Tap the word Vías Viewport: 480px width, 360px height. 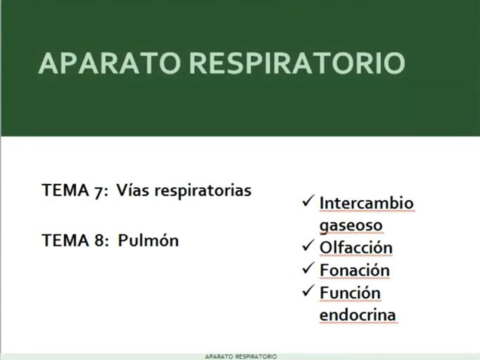(x=132, y=189)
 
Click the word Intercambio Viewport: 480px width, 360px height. (x=366, y=203)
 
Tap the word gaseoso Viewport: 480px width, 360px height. (x=351, y=225)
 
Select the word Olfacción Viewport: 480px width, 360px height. (x=356, y=248)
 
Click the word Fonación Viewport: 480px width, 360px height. (x=354, y=270)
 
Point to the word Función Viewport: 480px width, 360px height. (x=351, y=293)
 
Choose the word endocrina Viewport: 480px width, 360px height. (x=358, y=315)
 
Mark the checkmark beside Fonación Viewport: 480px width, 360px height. (x=308, y=270)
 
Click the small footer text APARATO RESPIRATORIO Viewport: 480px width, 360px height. (x=240, y=355)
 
